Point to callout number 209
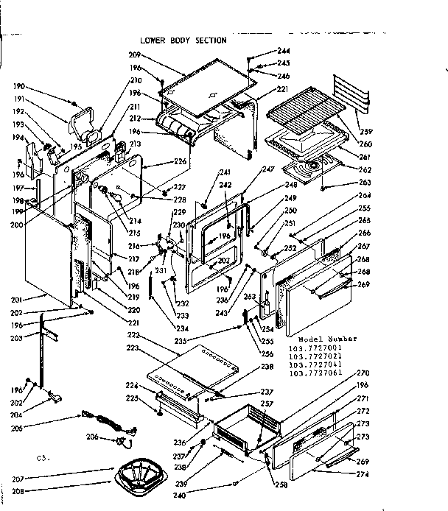pos(135,55)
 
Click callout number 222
pos(133,335)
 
